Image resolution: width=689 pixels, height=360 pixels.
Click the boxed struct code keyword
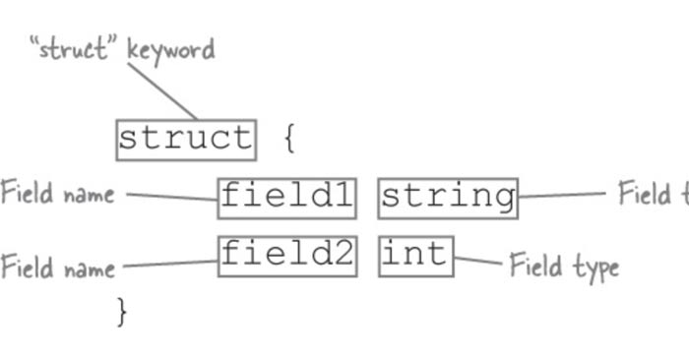[x=186, y=140]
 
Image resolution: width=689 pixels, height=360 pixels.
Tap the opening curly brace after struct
[x=289, y=139]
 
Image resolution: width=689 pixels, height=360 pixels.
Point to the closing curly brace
[x=122, y=312]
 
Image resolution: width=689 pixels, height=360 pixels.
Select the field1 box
[x=286, y=198]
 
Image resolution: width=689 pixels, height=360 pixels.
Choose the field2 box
[x=286, y=256]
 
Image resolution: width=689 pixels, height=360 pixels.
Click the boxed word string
[x=448, y=198]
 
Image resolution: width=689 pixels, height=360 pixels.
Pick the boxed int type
[x=415, y=256]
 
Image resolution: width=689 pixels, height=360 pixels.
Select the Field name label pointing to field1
[x=57, y=193]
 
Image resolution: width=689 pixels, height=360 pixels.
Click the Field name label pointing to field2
[x=57, y=267]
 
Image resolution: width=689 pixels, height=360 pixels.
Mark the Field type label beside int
[x=564, y=266]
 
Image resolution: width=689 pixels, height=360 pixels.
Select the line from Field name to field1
[x=171, y=197]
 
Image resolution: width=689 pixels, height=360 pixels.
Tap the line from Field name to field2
[x=169, y=263]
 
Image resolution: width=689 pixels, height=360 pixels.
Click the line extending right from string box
[x=561, y=195]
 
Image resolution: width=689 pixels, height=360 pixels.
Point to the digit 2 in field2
[x=341, y=256]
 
